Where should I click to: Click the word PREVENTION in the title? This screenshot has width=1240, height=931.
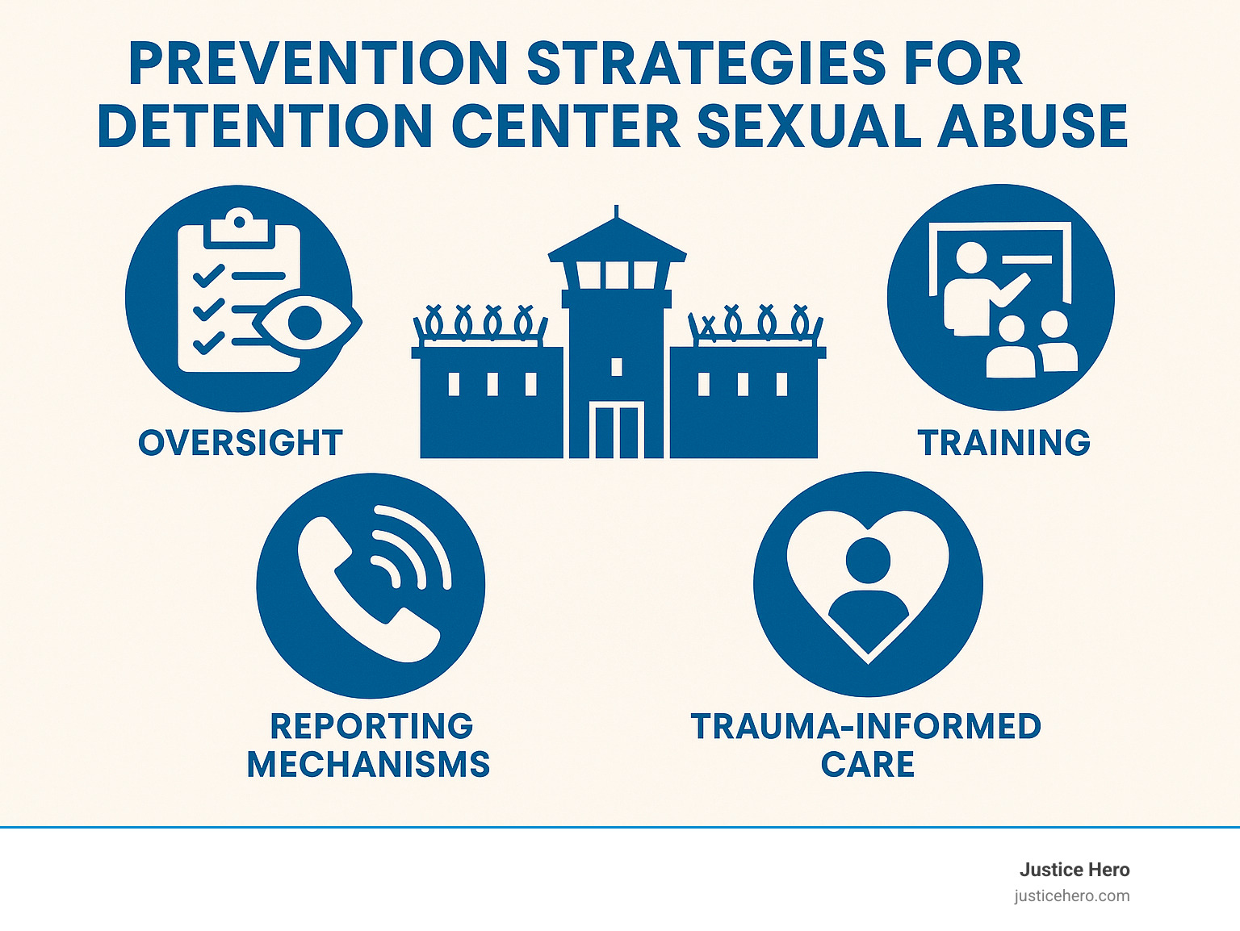pos(317,64)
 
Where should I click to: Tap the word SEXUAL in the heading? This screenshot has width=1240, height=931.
pos(808,126)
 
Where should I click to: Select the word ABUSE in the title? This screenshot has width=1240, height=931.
pos(1033,126)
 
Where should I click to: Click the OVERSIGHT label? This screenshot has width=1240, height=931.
pos(241,443)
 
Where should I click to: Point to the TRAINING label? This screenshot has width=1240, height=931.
pos(1003,443)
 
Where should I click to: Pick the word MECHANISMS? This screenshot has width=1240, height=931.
pos(368,764)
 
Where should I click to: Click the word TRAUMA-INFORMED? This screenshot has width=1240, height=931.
pos(866,726)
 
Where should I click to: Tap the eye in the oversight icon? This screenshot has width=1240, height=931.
pos(306,323)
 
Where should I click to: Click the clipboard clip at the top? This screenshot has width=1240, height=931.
pos(238,226)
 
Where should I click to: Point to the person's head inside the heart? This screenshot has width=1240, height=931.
pos(868,559)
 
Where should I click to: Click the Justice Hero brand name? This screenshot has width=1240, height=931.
pos(1074,870)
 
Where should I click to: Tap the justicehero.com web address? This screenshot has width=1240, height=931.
pos(1072,896)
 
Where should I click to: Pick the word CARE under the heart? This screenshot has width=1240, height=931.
pos(868,764)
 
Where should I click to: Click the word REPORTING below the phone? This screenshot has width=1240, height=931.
pos(371,726)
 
